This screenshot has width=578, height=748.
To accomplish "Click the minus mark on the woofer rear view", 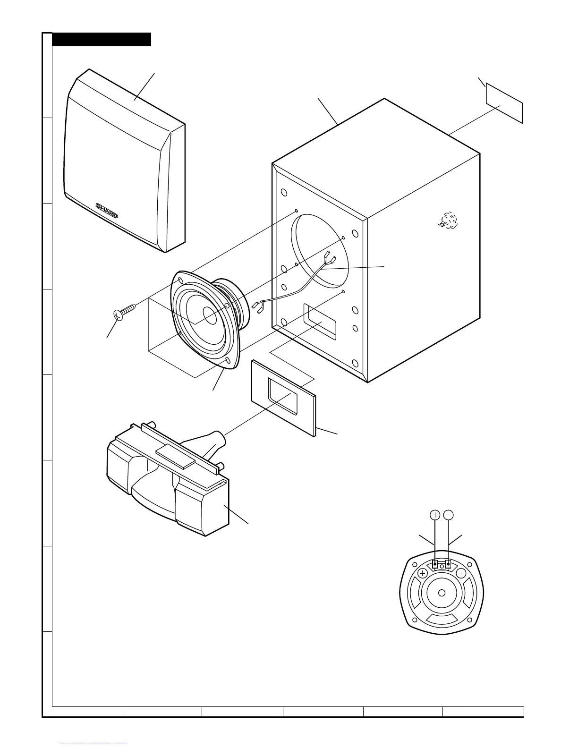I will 461,573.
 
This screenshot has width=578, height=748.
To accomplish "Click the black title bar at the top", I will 102,39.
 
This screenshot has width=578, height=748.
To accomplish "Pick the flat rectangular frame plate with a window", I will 283,397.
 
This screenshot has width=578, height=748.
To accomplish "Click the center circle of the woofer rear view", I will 442,594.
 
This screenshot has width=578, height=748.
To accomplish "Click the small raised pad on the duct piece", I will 176,455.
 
